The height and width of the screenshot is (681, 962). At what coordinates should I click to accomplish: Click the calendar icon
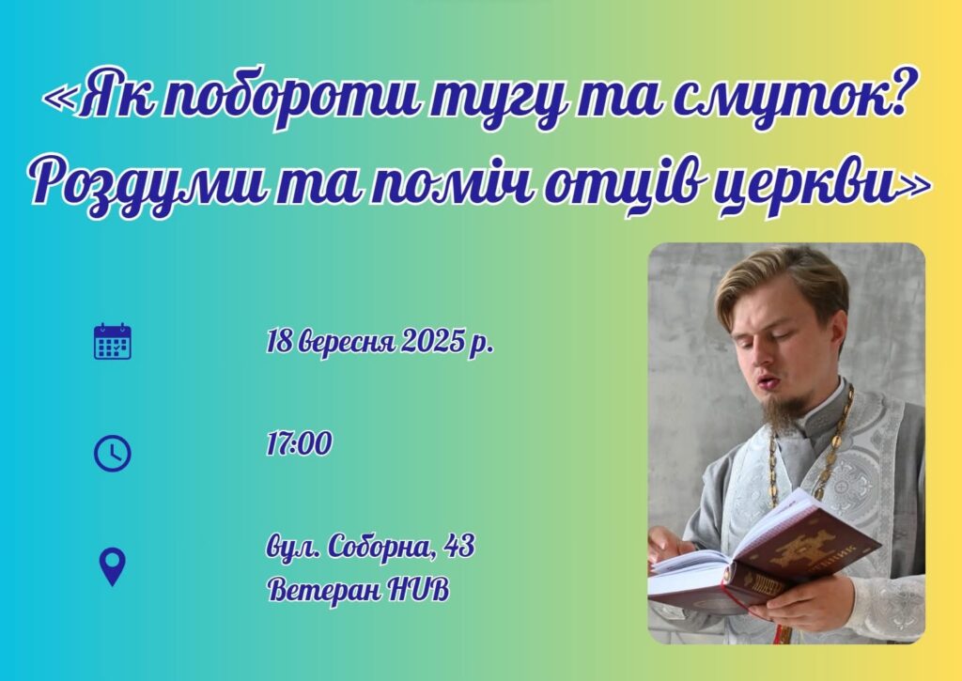pos(113,341)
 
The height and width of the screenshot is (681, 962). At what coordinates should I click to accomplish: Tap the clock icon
pos(113,454)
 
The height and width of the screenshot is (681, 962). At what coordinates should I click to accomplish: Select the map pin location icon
pos(113,567)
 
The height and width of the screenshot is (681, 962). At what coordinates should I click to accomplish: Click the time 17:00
pos(300,443)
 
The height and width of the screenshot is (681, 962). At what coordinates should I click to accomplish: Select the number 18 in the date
pos(279,341)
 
